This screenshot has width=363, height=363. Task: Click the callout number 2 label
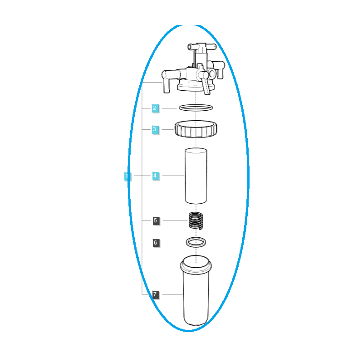[155, 108]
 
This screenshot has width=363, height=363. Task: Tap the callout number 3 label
[155, 129]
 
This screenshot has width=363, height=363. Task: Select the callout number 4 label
[155, 176]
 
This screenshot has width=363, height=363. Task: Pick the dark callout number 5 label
[156, 221]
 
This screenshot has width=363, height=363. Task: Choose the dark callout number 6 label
[156, 243]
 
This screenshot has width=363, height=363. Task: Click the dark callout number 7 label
[156, 294]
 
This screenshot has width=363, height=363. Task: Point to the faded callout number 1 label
[128, 177]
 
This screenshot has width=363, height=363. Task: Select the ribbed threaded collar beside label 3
[196, 129]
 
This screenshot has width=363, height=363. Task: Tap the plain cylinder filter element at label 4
[196, 176]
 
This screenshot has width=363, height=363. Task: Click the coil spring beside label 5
[196, 221]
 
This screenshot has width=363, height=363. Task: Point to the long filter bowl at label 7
[196, 290]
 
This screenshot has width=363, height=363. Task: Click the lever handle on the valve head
[206, 85]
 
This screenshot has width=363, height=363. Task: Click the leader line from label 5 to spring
[175, 221]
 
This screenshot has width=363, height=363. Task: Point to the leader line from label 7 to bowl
[172, 294]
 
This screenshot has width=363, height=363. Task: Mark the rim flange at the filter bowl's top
[196, 266]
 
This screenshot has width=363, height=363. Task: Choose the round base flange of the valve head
[196, 88]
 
